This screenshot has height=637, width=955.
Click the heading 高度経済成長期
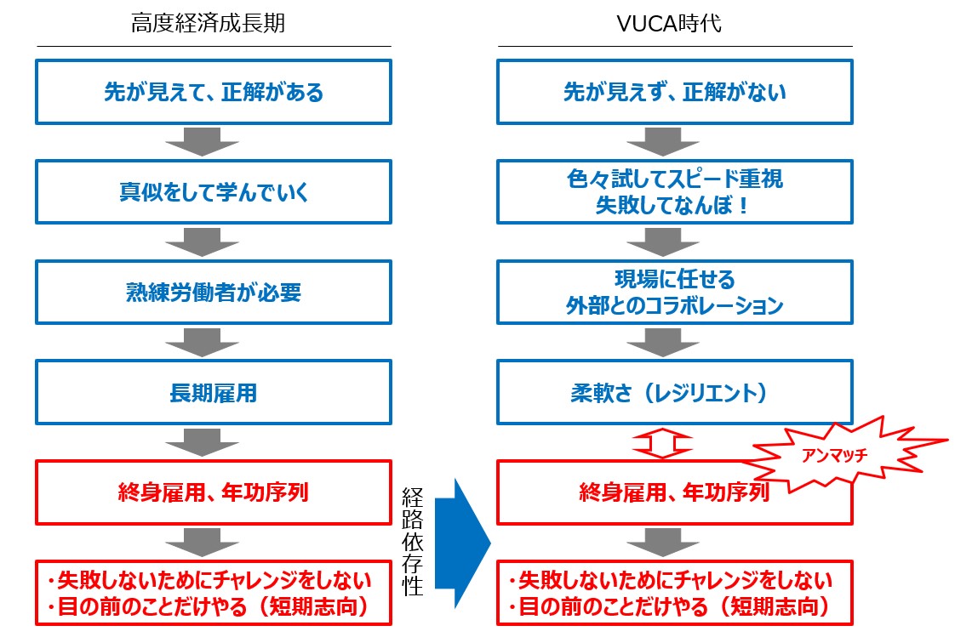(208, 23)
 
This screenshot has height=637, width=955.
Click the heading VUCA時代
(669, 23)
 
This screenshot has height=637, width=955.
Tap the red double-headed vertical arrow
(663, 444)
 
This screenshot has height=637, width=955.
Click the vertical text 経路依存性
(412, 541)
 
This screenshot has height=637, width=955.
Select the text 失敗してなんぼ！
(673, 205)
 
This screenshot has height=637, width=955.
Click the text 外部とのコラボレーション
(674, 305)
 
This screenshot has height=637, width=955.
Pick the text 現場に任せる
(675, 279)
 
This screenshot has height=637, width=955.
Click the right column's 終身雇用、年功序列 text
(674, 492)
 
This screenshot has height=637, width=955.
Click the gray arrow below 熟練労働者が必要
(202, 343)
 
